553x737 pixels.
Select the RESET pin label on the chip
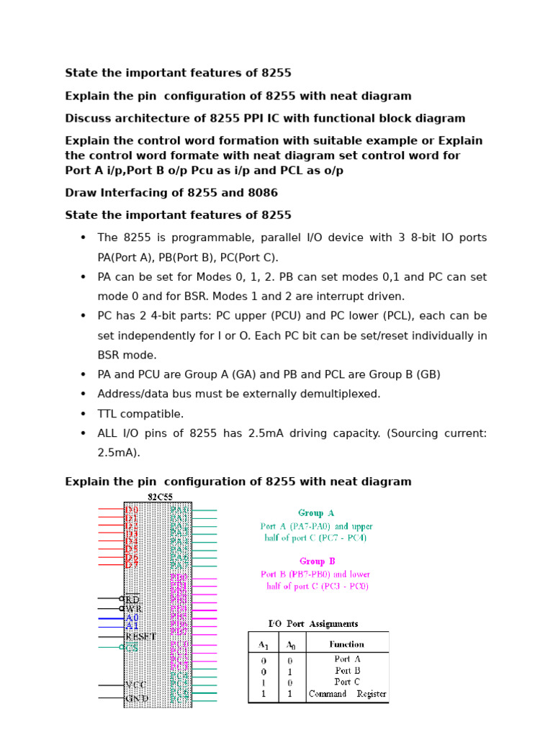pos(140,636)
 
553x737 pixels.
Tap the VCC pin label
pos(137,685)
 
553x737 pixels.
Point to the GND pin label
pos(137,698)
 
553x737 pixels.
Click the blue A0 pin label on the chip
pos(132,618)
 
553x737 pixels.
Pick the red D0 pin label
pos(132,510)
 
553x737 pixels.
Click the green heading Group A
pos(316,513)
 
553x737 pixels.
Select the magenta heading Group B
pos(317,561)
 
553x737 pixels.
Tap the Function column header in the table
pos(346,644)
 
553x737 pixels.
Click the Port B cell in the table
pos(347,670)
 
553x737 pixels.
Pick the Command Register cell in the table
pos(347,695)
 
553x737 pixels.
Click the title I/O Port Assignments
pos(313,624)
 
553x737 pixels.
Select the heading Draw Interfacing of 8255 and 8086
pos(171,193)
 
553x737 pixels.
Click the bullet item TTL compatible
pos(141,414)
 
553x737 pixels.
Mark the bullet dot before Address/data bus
pos(84,394)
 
